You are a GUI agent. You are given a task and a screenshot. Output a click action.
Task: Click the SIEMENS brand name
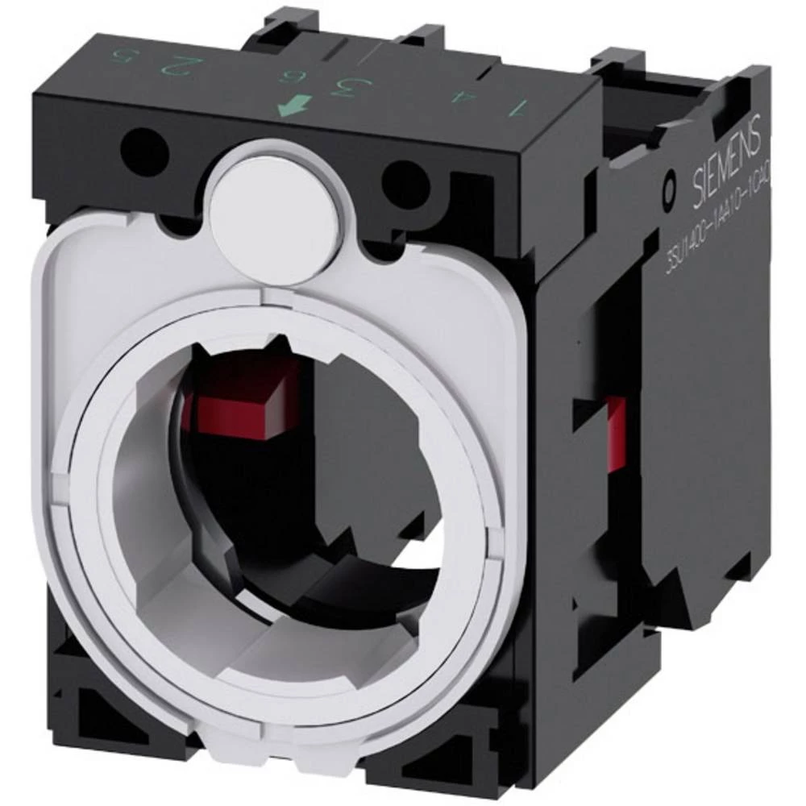tap(726, 169)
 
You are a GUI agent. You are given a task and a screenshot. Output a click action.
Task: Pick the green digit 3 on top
tap(348, 86)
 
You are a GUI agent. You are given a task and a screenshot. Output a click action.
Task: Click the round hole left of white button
tap(156, 146)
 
